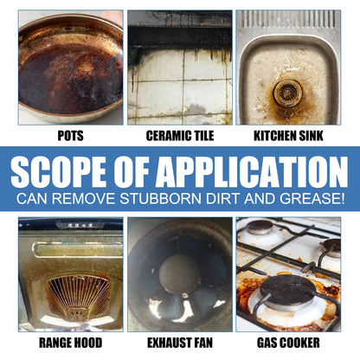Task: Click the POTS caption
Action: point(71,137)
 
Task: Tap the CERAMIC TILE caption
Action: point(180,137)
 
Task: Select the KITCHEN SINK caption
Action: point(289,137)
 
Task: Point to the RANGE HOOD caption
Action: point(71,344)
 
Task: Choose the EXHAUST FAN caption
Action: point(180,344)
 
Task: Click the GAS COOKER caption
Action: point(289,344)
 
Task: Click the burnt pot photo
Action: point(71,67)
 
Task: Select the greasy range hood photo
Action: point(71,275)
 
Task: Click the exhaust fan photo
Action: point(180,275)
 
